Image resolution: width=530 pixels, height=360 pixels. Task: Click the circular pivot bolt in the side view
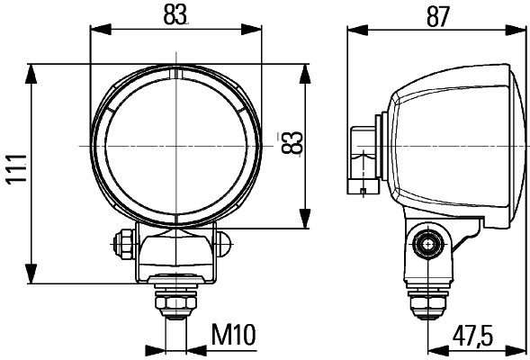tap(427, 242)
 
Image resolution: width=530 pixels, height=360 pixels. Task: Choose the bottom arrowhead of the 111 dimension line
tap(32, 278)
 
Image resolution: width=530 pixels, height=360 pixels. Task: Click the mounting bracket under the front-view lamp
tap(175, 256)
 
